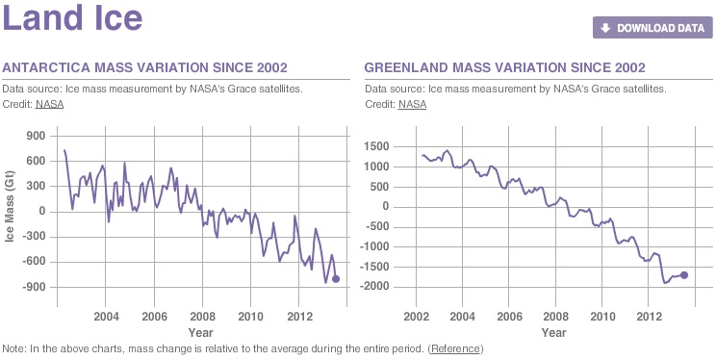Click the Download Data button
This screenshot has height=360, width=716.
click(x=652, y=28)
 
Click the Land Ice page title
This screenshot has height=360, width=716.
click(x=73, y=18)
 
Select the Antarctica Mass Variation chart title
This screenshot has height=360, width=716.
click(x=145, y=67)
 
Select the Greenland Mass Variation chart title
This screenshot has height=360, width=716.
click(x=505, y=67)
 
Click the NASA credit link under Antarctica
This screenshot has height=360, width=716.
click(x=49, y=104)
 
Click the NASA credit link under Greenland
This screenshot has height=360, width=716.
click(x=412, y=104)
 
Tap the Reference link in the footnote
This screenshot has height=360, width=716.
click(x=455, y=347)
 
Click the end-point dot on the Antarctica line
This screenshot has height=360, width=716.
click(x=336, y=279)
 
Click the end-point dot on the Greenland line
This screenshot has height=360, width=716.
click(x=684, y=275)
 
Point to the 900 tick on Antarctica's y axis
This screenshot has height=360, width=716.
click(x=38, y=136)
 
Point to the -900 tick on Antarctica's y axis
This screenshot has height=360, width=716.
click(x=36, y=287)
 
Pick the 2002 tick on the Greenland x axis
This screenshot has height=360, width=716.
click(x=416, y=316)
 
